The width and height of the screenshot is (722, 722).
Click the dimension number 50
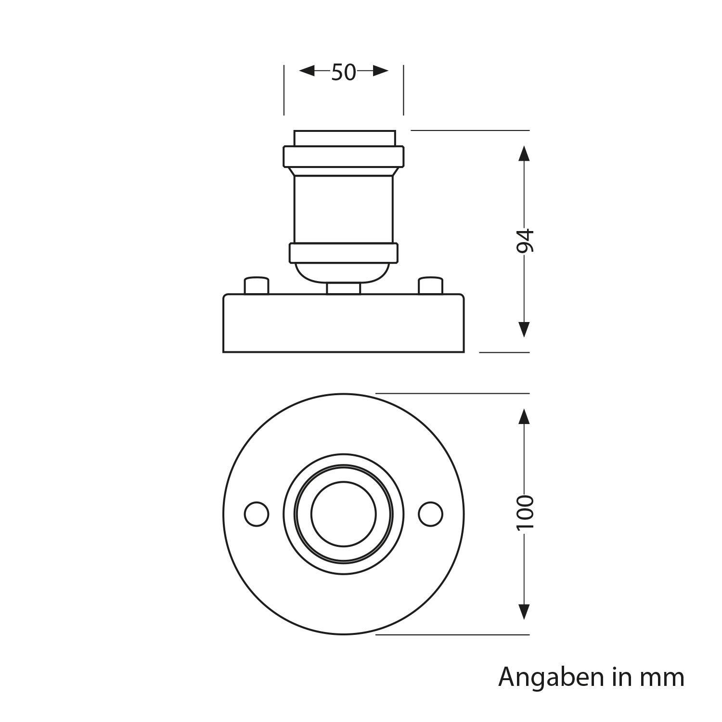(x=343, y=72)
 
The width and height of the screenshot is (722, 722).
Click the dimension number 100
(x=524, y=513)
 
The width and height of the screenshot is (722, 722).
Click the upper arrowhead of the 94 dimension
(x=524, y=154)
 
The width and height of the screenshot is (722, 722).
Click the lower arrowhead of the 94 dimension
(x=524, y=329)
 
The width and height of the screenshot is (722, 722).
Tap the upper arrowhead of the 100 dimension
(x=524, y=417)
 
